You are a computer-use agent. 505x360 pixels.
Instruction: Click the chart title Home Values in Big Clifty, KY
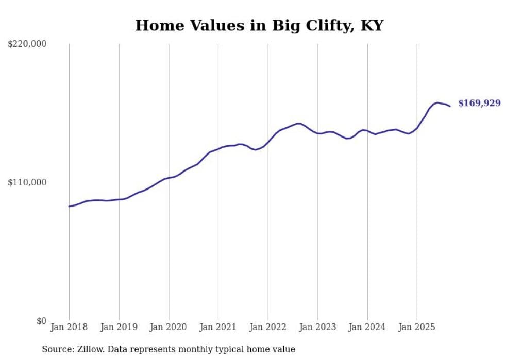[259, 25]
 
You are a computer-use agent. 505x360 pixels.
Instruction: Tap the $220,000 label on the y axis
[27, 44]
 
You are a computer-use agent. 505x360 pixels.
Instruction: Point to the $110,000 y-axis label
[27, 182]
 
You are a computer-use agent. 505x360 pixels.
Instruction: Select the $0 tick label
[41, 321]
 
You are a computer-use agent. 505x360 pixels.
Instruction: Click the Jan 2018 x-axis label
[69, 327]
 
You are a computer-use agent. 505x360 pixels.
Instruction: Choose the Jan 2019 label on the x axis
[119, 327]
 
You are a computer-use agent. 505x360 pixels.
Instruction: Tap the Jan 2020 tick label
[169, 327]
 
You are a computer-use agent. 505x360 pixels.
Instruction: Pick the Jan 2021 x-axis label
[218, 327]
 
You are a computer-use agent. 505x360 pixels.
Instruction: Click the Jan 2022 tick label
[268, 327]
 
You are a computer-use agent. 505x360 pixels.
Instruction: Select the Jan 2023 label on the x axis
[318, 327]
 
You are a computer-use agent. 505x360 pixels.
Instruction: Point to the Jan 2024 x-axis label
[367, 327]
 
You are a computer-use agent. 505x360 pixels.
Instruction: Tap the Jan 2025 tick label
[417, 327]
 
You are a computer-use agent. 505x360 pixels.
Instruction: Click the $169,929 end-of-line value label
[479, 104]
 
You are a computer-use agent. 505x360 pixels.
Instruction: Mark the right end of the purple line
[450, 106]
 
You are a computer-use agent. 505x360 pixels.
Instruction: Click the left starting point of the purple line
[69, 207]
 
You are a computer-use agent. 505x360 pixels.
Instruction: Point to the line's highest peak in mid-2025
[437, 102]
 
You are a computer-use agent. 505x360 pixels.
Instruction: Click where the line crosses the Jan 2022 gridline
[268, 141]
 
